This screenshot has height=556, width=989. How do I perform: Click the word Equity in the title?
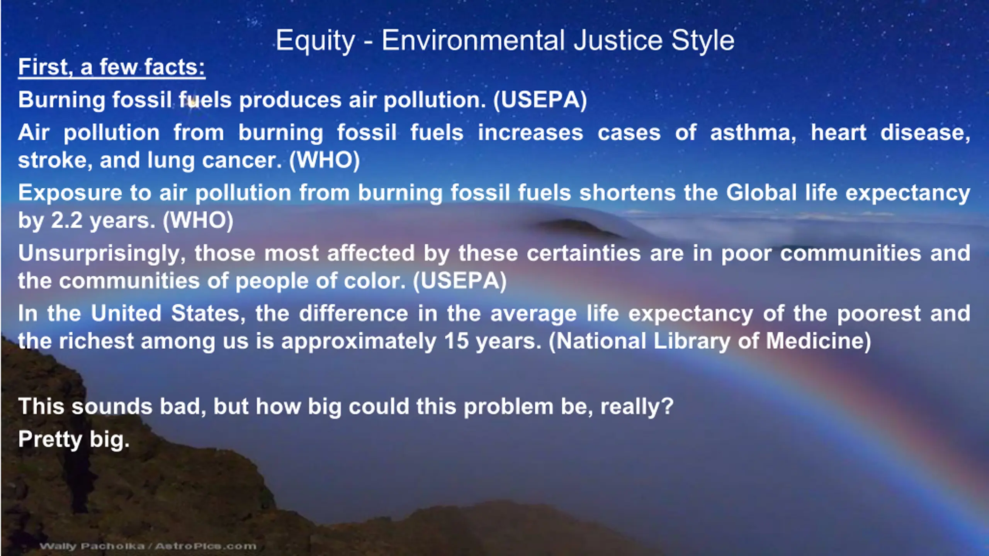click(315, 41)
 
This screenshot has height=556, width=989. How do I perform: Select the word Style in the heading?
click(703, 41)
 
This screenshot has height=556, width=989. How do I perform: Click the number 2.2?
click(66, 221)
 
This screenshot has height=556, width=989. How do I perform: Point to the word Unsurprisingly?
click(102, 254)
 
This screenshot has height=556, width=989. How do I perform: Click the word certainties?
click(584, 253)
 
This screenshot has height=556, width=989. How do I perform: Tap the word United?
click(126, 313)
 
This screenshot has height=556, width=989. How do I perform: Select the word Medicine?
click(819, 341)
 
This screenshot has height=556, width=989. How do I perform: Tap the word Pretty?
click(50, 440)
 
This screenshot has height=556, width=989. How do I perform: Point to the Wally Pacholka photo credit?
click(148, 546)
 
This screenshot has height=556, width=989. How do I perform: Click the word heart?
click(839, 133)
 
